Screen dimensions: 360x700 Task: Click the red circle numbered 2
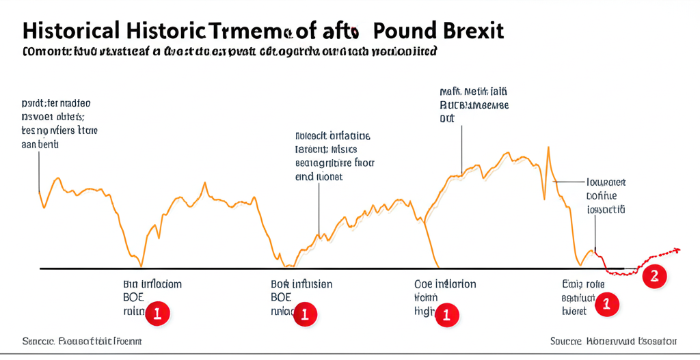654,276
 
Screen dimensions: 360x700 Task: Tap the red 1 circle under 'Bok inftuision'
305,314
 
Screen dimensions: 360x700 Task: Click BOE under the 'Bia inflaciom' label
135,297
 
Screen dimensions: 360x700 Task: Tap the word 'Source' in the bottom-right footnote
567,340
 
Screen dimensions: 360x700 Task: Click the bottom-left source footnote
82,340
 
